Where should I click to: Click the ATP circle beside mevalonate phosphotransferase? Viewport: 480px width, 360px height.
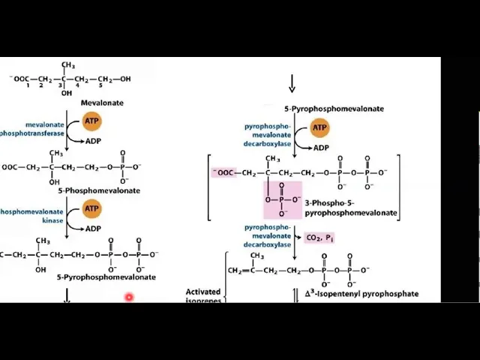(x=91, y=121)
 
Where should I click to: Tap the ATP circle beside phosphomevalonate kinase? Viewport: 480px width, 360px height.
(x=91, y=208)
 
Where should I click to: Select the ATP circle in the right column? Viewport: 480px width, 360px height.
(x=319, y=128)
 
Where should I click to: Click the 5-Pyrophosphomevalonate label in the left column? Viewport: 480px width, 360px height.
(x=106, y=277)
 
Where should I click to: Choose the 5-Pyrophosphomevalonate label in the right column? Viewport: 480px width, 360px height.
(x=334, y=109)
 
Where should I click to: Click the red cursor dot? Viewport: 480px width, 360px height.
(x=129, y=298)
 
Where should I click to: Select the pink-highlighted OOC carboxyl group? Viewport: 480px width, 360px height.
(x=224, y=172)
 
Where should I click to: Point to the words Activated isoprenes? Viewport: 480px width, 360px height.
(x=202, y=295)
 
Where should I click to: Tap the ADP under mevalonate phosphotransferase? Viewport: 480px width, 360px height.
(x=94, y=140)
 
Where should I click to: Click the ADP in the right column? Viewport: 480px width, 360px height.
(x=321, y=148)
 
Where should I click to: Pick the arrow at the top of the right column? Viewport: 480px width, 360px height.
(x=292, y=83)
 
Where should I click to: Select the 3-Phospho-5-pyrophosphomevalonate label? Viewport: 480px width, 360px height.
(x=351, y=208)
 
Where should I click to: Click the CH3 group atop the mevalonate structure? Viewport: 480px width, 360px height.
(x=67, y=65)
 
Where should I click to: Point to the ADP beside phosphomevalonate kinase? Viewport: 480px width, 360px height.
(x=94, y=228)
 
